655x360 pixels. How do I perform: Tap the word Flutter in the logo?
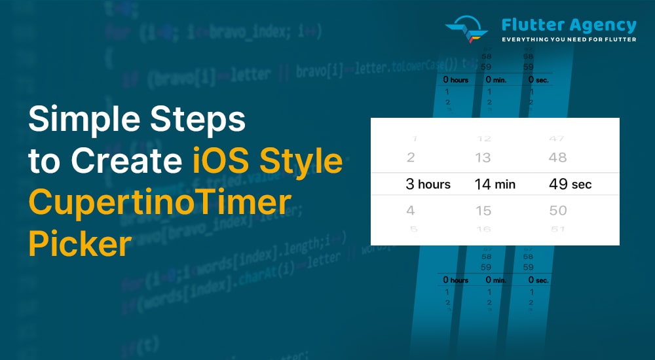[528, 25]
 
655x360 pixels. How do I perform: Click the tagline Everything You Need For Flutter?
[569, 40]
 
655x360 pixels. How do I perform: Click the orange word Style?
[307, 161]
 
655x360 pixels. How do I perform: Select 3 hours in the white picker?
[428, 185]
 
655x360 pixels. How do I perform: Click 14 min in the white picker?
[495, 185]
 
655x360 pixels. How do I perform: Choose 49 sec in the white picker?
[570, 185]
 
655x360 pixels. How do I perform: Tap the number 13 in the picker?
[483, 158]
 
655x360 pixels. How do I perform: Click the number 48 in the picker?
[558, 158]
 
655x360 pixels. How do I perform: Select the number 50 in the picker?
[558, 211]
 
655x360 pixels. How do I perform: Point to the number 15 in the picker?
[483, 211]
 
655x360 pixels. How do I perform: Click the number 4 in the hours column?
[411, 211]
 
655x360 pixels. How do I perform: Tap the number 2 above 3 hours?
[411, 158]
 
